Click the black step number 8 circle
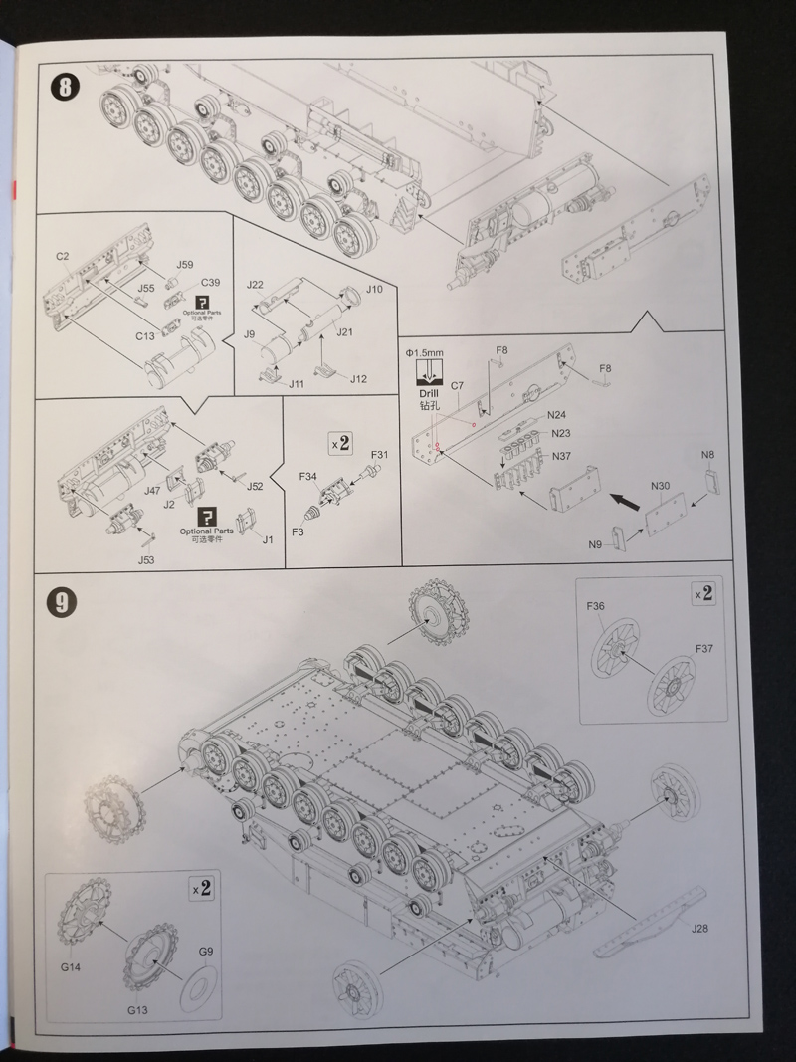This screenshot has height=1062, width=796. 65,87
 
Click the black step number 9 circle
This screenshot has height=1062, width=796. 62,601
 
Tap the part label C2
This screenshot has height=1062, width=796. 63,256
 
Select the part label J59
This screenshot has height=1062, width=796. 185,265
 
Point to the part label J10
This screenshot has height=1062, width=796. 374,289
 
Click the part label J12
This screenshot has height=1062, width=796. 358,378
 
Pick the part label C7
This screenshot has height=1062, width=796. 457,385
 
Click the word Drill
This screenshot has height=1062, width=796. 429,393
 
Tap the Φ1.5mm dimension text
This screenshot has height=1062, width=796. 425,353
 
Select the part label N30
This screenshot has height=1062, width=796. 660,486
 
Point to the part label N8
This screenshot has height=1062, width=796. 708,455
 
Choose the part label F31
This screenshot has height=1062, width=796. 380,455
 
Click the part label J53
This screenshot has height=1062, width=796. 146,560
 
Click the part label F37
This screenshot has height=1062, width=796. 703,648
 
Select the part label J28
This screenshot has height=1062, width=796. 699,928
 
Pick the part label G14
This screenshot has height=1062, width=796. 71,967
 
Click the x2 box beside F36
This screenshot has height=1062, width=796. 703,593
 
